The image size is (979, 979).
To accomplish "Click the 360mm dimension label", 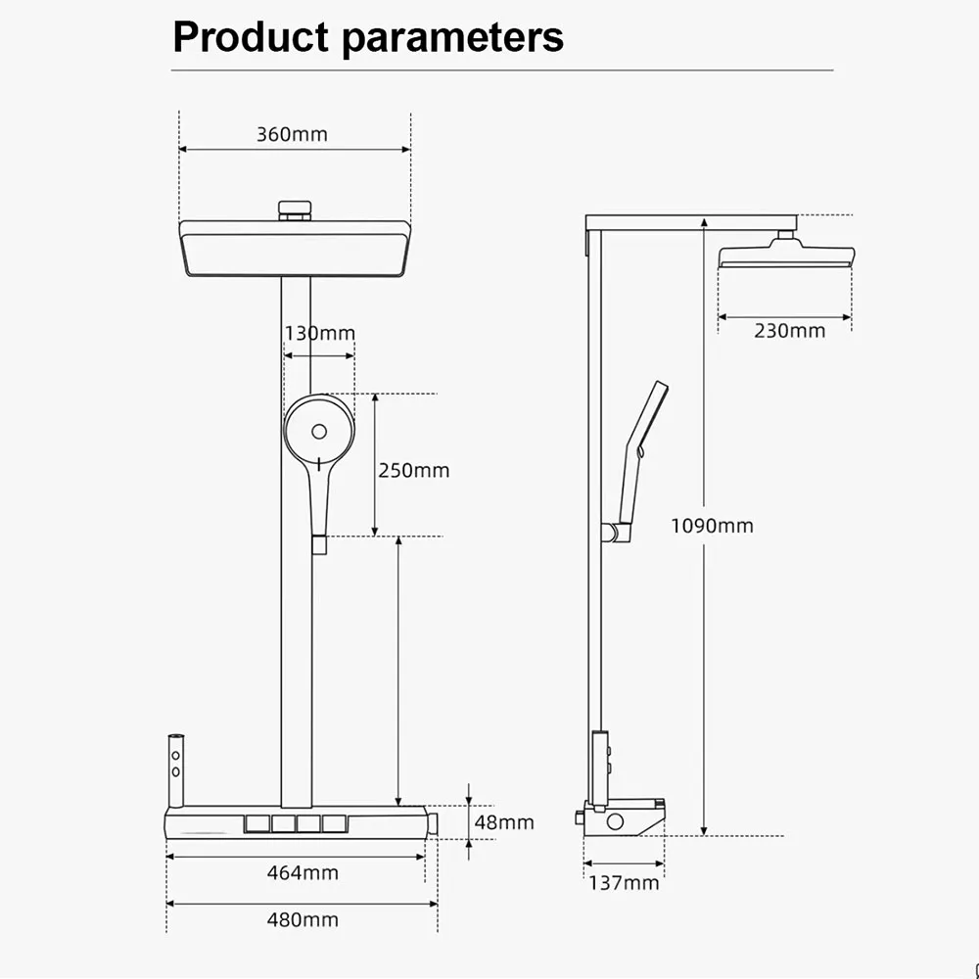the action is click(x=292, y=134).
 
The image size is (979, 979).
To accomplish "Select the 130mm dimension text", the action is click(x=320, y=333).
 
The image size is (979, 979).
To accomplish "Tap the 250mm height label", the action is click(x=413, y=470).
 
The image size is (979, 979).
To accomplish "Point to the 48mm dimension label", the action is click(x=504, y=822).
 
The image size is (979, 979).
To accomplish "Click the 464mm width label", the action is click(x=303, y=872).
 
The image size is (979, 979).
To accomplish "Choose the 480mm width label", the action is click(x=303, y=919).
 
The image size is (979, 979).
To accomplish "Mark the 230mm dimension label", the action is click(x=789, y=330).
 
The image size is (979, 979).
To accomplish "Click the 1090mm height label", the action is click(x=712, y=526).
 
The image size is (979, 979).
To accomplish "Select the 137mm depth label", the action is click(x=624, y=883).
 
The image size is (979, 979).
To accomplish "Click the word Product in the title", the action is click(x=251, y=37).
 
